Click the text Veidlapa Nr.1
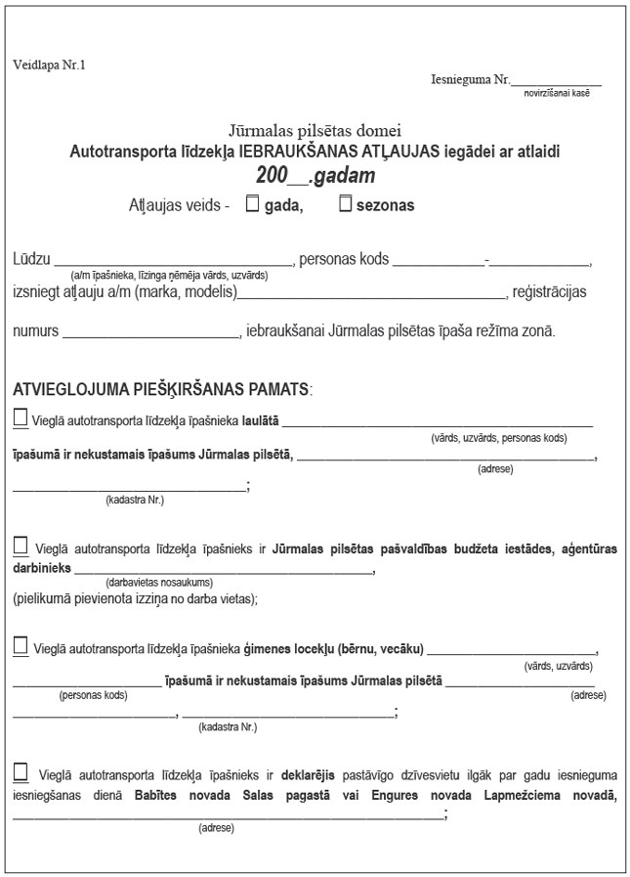point(50,66)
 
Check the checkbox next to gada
point(252,204)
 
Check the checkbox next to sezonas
point(345,204)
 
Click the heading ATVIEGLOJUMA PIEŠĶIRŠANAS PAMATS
point(162,388)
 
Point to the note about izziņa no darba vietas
point(136,597)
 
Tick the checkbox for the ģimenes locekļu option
point(21,644)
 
